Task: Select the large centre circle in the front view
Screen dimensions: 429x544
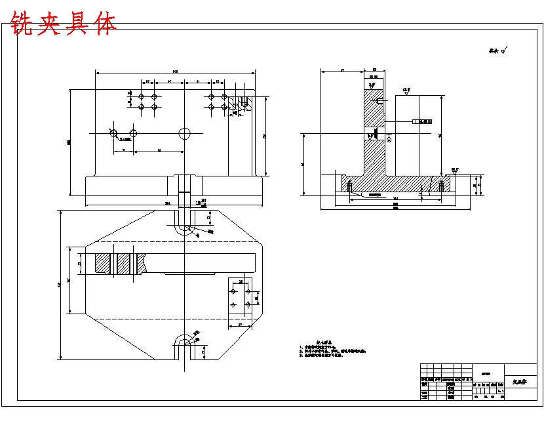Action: (185, 133)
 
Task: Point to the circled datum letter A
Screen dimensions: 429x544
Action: (389, 138)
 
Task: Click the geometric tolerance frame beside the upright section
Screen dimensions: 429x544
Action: (423, 121)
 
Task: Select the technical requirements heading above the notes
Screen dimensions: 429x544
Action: (325, 342)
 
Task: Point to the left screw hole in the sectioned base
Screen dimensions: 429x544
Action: (351, 188)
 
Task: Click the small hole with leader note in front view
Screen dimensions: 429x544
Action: (113, 133)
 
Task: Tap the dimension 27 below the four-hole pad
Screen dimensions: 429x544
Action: (241, 325)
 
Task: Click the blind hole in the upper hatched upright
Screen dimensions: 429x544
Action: (379, 101)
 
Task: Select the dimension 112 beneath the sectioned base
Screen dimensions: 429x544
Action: (395, 198)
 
